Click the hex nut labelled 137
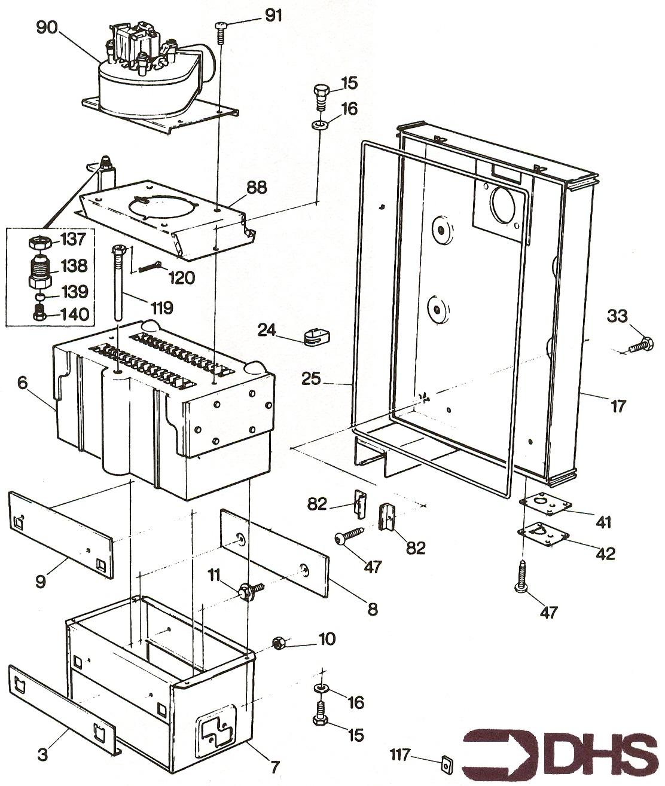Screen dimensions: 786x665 coord(39,243)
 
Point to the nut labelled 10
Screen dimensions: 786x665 coord(278,644)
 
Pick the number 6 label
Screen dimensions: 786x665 coord(22,383)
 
